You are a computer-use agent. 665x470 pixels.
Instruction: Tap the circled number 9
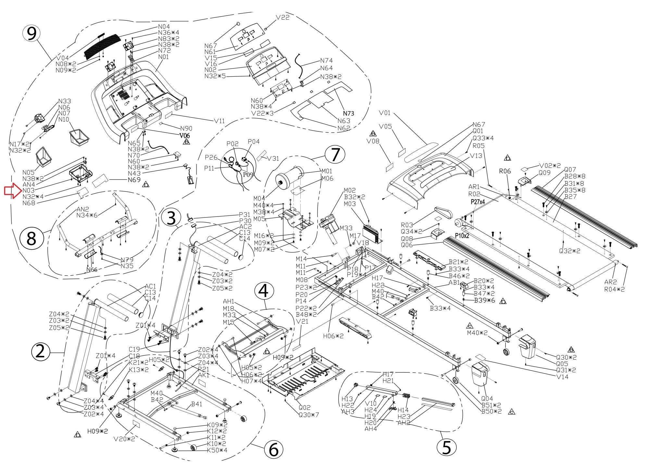click(x=31, y=34)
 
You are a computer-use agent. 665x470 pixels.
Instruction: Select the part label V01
click(x=385, y=113)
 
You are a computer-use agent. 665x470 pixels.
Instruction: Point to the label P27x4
click(x=478, y=202)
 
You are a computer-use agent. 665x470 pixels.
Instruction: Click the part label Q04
click(x=487, y=399)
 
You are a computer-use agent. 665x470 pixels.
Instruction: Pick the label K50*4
click(x=217, y=450)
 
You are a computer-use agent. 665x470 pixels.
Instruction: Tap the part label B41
click(x=197, y=404)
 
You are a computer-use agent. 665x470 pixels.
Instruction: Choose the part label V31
click(x=273, y=158)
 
